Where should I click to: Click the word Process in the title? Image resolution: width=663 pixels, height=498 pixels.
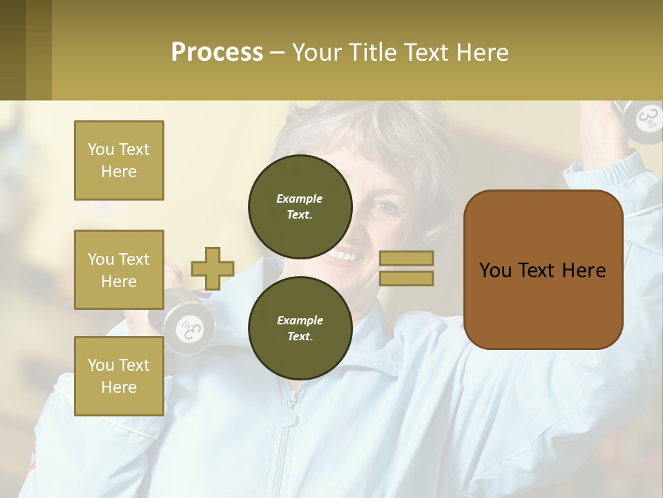[x=217, y=53]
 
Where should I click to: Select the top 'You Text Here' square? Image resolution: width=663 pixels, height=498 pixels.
[x=119, y=160]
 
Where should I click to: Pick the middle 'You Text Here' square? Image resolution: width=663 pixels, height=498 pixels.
[x=119, y=270]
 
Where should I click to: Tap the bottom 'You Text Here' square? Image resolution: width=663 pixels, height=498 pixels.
[x=119, y=376]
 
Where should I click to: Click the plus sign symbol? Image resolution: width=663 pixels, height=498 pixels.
[x=213, y=268]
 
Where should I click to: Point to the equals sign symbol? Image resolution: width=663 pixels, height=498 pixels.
[x=407, y=268]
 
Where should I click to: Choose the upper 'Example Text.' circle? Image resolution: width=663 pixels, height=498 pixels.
[x=300, y=206]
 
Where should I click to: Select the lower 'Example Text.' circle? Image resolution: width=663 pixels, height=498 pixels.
[x=300, y=328]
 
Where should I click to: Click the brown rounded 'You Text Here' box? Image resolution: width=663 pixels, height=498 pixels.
[x=543, y=270]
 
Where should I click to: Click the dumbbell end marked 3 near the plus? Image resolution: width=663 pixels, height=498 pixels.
[x=188, y=329]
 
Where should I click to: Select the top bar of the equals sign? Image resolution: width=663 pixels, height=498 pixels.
[x=407, y=259]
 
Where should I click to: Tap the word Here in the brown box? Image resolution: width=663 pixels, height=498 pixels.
[x=584, y=270]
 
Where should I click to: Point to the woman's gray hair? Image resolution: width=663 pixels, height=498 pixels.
[x=373, y=128]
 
